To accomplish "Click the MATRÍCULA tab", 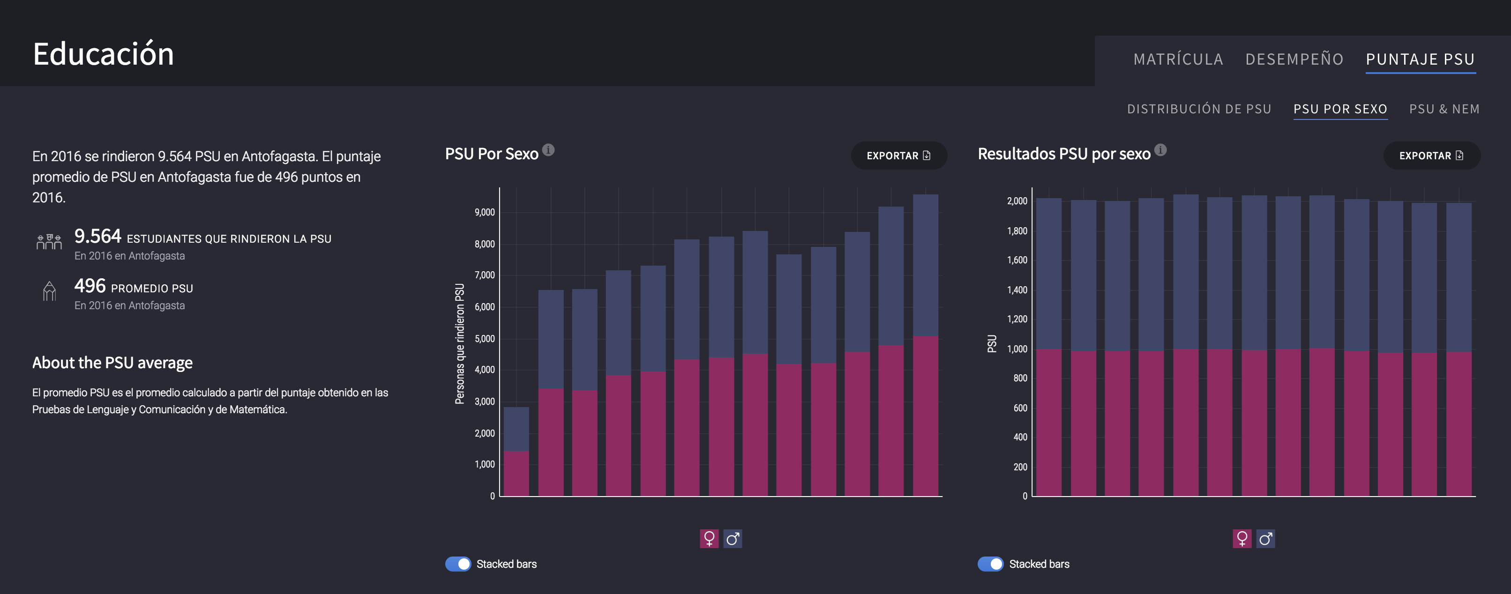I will (x=1178, y=59).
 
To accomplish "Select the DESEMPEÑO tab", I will (x=1294, y=59).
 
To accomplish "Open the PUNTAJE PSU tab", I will (x=1420, y=59).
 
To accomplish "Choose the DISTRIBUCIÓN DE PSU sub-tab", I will (x=1199, y=109).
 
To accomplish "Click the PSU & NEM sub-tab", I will (x=1444, y=109).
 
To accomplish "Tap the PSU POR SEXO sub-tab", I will (x=1340, y=109).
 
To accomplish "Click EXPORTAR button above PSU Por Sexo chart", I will (x=898, y=156).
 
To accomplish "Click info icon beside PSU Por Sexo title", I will (x=548, y=150).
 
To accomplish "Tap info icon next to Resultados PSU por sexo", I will (x=1160, y=150).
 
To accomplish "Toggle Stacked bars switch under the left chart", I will (x=458, y=564).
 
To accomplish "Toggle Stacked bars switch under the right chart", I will (x=991, y=564).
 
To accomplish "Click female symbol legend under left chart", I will (x=709, y=538).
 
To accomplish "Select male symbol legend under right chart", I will (x=1265, y=538).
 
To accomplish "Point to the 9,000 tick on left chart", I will (x=485, y=212).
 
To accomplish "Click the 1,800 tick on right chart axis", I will (x=1017, y=231).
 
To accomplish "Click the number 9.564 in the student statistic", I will (x=97, y=236).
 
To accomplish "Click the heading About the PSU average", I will (x=112, y=363).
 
